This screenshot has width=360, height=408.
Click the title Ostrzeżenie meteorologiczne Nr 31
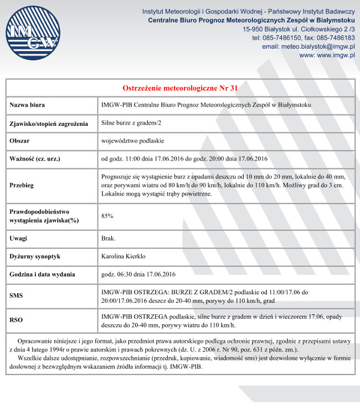pos(180,88)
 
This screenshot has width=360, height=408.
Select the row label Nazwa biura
pos(28,105)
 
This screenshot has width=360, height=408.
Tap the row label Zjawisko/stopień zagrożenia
pos(49,124)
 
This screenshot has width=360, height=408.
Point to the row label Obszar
pos(19,141)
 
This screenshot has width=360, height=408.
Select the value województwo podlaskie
pos(132,141)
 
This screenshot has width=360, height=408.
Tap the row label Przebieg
pos(22,185)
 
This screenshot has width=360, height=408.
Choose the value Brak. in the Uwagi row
pos(109,238)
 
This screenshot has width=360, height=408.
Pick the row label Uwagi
pos(19,238)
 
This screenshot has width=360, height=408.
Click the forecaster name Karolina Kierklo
pos(123,257)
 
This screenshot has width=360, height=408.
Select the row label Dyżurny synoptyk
pos(35,257)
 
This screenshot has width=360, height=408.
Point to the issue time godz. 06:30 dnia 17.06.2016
pos(138,274)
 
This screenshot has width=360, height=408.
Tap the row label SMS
pos(16,296)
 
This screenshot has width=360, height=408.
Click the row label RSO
pos(16,320)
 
